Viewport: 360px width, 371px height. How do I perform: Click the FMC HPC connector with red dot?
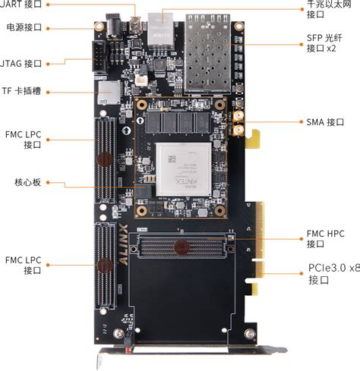coord(181,246)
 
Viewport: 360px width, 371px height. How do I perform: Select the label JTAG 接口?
coord(22,64)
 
